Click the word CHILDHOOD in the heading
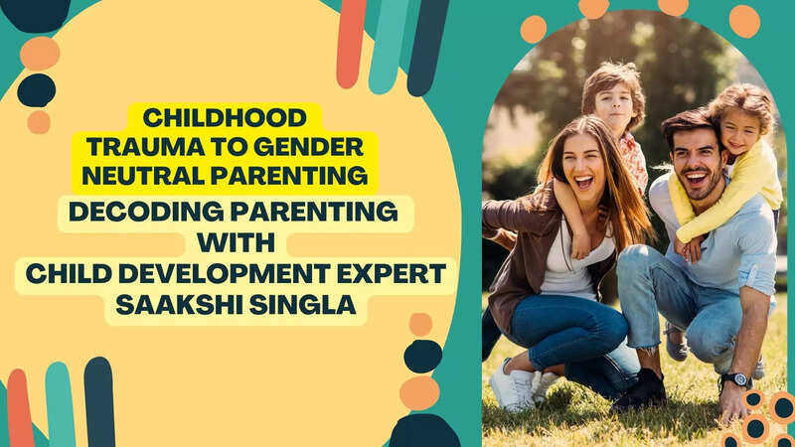coord(225,118)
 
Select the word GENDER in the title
coord(308,147)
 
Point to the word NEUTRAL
coord(143,176)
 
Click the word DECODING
coord(146,212)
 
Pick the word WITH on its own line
coord(236,242)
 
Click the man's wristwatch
coord(737,380)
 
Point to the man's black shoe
coord(640,390)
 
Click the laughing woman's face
coord(583,163)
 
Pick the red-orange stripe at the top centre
coord(351,43)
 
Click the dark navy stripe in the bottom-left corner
coord(100,402)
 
